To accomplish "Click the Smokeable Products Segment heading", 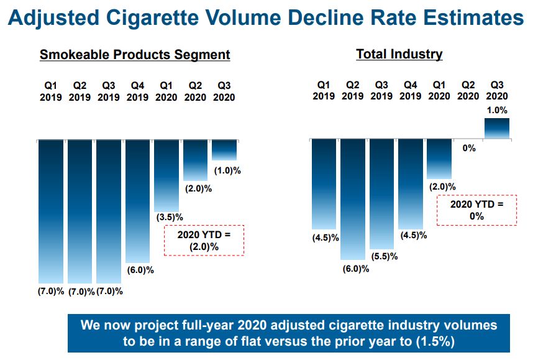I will click(135, 55).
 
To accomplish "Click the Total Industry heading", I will click(399, 54).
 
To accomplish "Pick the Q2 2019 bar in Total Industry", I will click(352, 199).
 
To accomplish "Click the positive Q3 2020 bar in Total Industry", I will click(496, 129).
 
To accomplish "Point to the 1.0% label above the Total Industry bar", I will click(496, 110).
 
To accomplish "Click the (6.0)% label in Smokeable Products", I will click(140, 270).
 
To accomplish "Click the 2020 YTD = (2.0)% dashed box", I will click(204, 241).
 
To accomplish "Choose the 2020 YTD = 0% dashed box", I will click(476, 210).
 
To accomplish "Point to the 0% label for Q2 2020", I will click(468, 148).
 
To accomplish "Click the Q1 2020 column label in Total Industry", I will click(439, 90).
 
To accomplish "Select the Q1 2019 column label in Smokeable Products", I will click(51, 91).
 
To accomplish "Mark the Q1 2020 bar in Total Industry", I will click(439, 159).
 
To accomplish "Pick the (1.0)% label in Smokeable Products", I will click(227, 170).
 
